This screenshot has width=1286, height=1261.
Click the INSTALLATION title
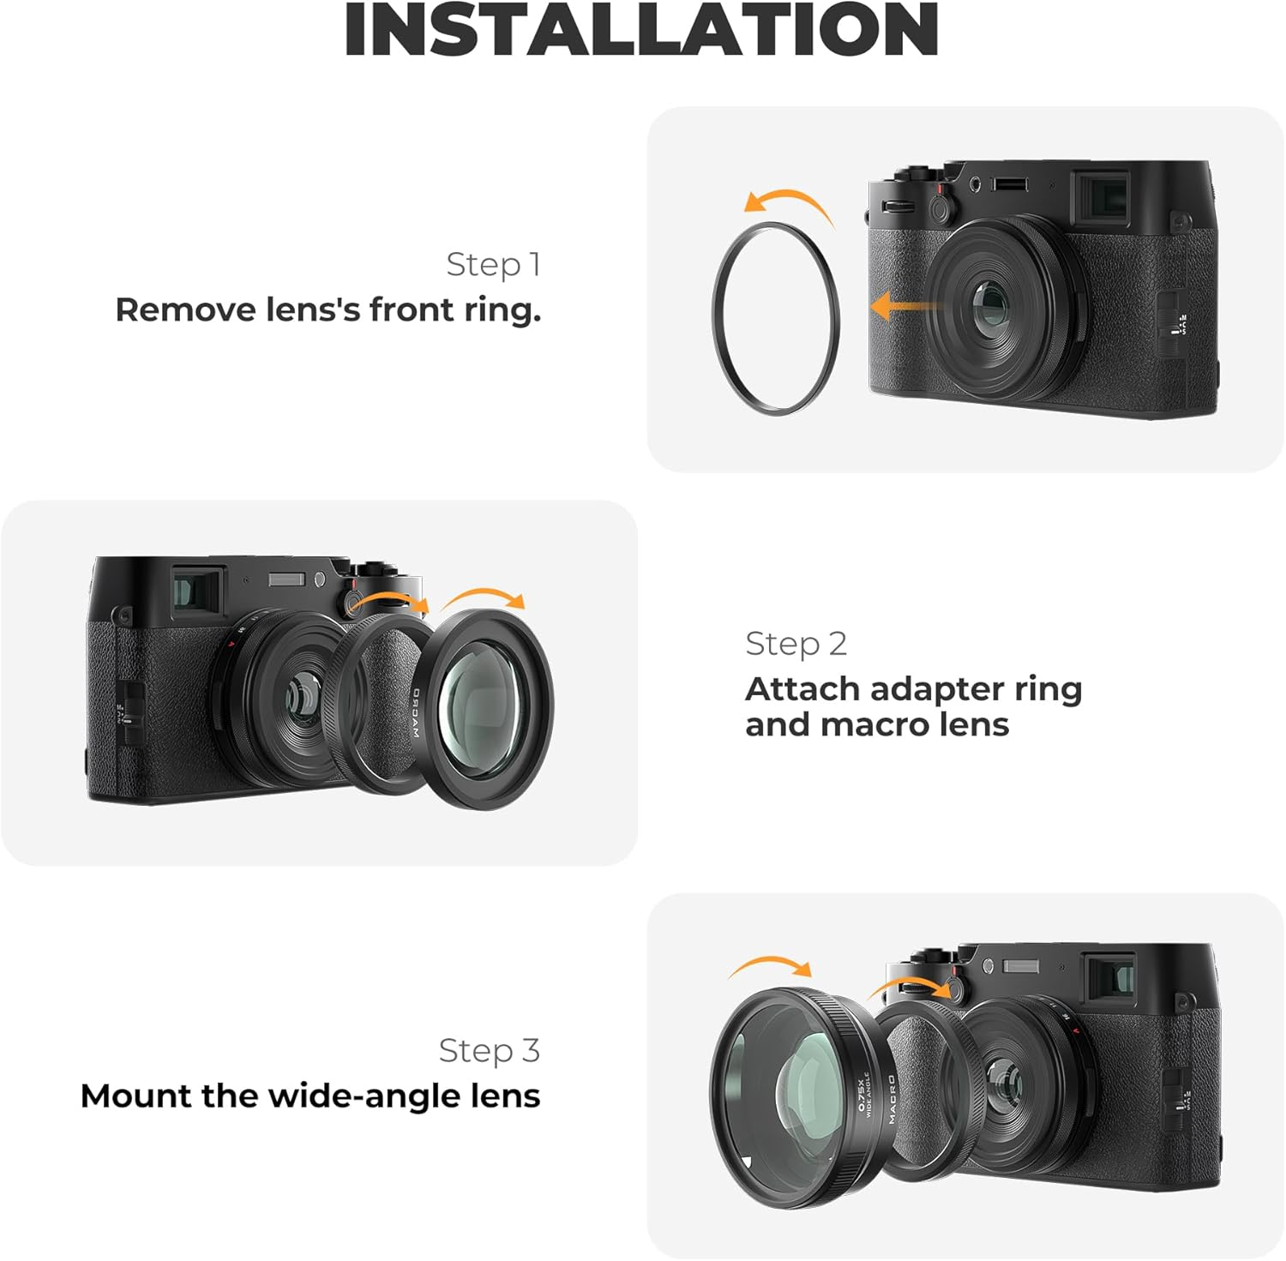tap(641, 30)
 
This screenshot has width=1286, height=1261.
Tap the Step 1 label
tap(493, 264)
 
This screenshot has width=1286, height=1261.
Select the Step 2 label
tap(796, 643)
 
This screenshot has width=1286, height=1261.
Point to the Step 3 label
tap(489, 1050)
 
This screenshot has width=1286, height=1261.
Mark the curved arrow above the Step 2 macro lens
tap(484, 597)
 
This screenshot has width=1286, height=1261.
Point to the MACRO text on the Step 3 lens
tap(892, 1099)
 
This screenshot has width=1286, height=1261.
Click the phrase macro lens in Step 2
tap(914, 725)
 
